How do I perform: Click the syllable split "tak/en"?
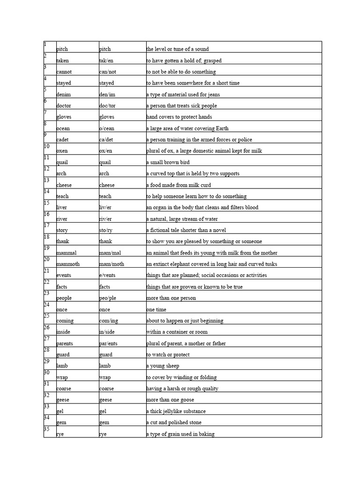(106, 60)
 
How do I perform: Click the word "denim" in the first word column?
(63, 95)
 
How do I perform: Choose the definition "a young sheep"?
(162, 366)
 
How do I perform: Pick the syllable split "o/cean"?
(107, 128)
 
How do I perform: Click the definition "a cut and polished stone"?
(174, 422)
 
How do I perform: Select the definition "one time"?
(156, 309)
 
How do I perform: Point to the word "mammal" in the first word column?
(66, 253)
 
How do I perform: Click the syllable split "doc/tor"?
(108, 106)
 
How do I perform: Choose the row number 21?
(46, 270)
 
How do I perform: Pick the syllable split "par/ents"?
(110, 343)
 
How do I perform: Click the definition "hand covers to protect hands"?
(179, 117)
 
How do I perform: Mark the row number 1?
(45, 45)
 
